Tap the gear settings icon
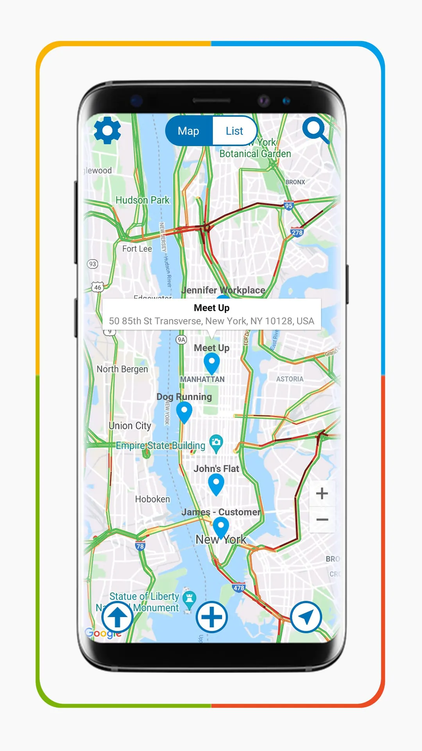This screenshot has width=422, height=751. [x=107, y=130]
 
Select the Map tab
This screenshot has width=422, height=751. [x=188, y=131]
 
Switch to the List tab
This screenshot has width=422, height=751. [x=234, y=131]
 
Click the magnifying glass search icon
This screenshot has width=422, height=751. [x=315, y=129]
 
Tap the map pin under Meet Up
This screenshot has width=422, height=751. [x=212, y=362]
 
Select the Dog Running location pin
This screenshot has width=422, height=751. [x=184, y=411]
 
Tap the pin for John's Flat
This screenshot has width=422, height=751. [x=216, y=483]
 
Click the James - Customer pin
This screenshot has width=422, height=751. [x=221, y=526]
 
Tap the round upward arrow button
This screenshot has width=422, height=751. [x=117, y=617]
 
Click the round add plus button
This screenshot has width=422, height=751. [x=211, y=617]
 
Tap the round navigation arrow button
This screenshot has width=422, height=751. [x=306, y=617]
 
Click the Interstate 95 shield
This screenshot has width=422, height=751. [x=288, y=206]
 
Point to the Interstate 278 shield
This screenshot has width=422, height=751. [x=297, y=233]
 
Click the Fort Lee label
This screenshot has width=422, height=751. [x=137, y=249]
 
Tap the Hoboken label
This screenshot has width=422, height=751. [x=152, y=499]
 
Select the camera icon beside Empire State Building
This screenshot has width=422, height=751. [x=216, y=442]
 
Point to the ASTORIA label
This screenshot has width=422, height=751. [x=290, y=379]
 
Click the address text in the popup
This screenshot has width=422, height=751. [x=211, y=321]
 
